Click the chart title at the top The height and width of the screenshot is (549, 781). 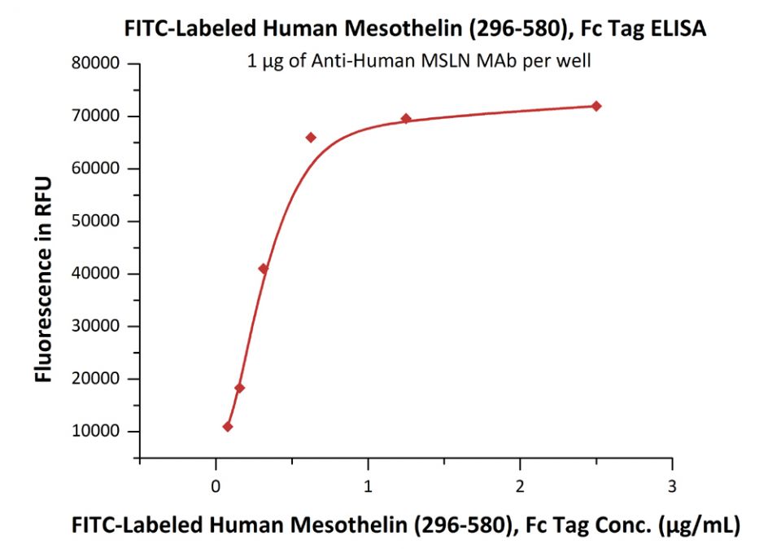pos(415,29)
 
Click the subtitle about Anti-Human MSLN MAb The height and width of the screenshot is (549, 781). pos(419,60)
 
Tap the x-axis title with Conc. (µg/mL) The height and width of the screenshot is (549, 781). pos(406,525)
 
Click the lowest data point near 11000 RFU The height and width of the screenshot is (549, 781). pos(228,427)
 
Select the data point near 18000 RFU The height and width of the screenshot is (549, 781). pos(239,388)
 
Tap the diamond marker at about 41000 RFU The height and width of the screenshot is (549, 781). pos(263,269)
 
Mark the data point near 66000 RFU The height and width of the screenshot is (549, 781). pos(311,137)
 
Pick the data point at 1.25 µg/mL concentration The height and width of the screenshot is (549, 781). pos(406,119)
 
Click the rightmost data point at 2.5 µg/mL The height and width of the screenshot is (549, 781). pos(596,106)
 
